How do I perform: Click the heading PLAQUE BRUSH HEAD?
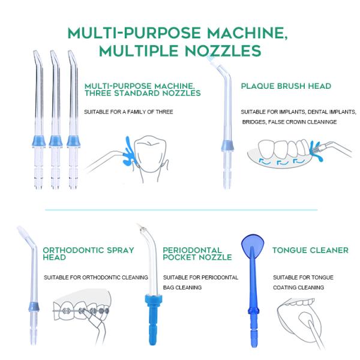(286, 86)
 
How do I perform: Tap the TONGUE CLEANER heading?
(310, 250)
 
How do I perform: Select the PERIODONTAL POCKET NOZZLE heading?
(197, 254)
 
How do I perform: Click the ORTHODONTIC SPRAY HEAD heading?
(88, 254)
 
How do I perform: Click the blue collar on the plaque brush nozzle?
(228, 146)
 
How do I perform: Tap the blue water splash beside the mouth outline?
(128, 151)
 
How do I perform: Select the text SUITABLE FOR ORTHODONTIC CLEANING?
(96, 278)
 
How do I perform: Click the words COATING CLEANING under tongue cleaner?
(298, 287)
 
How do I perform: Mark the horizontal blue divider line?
(180, 210)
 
